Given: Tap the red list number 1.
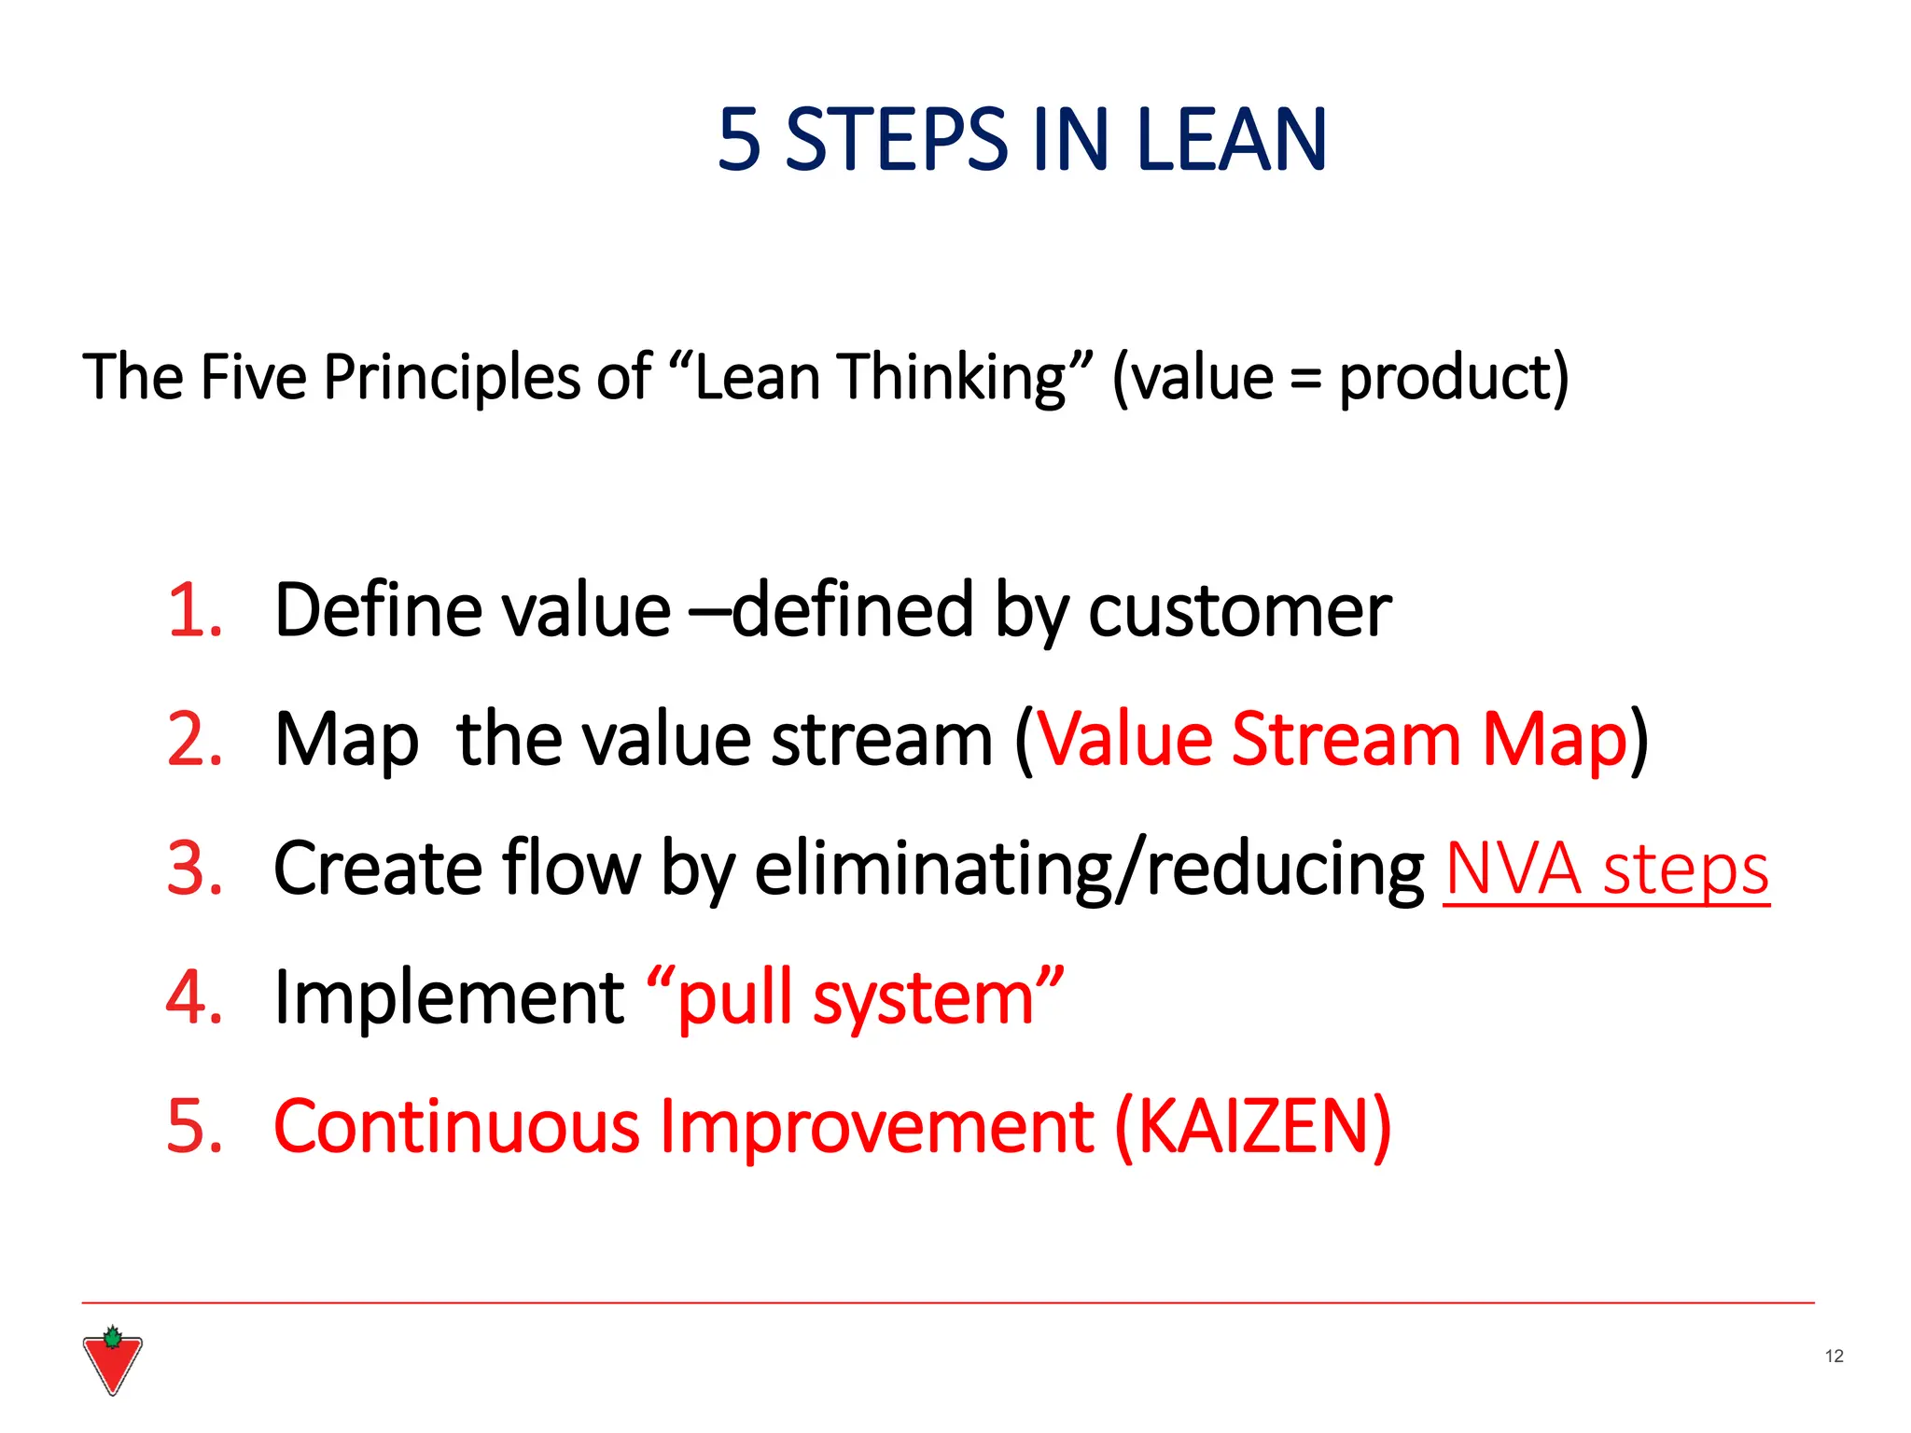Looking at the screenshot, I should coord(194,611).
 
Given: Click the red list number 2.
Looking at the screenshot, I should coord(194,740).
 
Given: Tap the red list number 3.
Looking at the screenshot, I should coord(194,869).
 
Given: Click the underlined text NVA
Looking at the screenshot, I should coord(1513,869).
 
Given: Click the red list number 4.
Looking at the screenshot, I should coord(194,997).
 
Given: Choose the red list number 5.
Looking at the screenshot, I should coord(194,1126).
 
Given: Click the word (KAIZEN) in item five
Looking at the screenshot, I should coord(1252,1127).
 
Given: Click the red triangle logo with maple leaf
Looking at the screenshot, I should coord(112,1362).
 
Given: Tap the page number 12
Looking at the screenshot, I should coord(1834,1356).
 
